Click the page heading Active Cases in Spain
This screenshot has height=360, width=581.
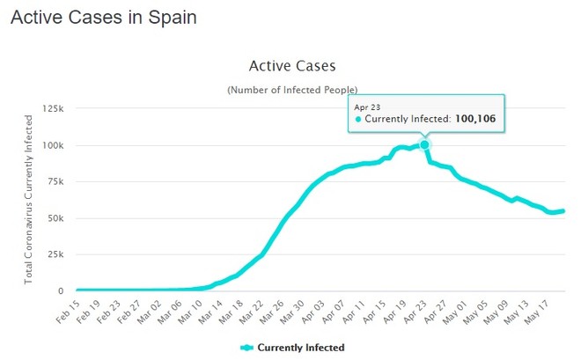103,17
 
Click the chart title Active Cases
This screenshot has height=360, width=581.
291,65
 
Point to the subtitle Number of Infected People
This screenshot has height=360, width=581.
291,90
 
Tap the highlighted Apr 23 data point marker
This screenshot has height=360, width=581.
424,144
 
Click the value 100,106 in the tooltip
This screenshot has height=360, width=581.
481,119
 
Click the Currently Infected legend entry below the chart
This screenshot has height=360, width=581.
291,348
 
